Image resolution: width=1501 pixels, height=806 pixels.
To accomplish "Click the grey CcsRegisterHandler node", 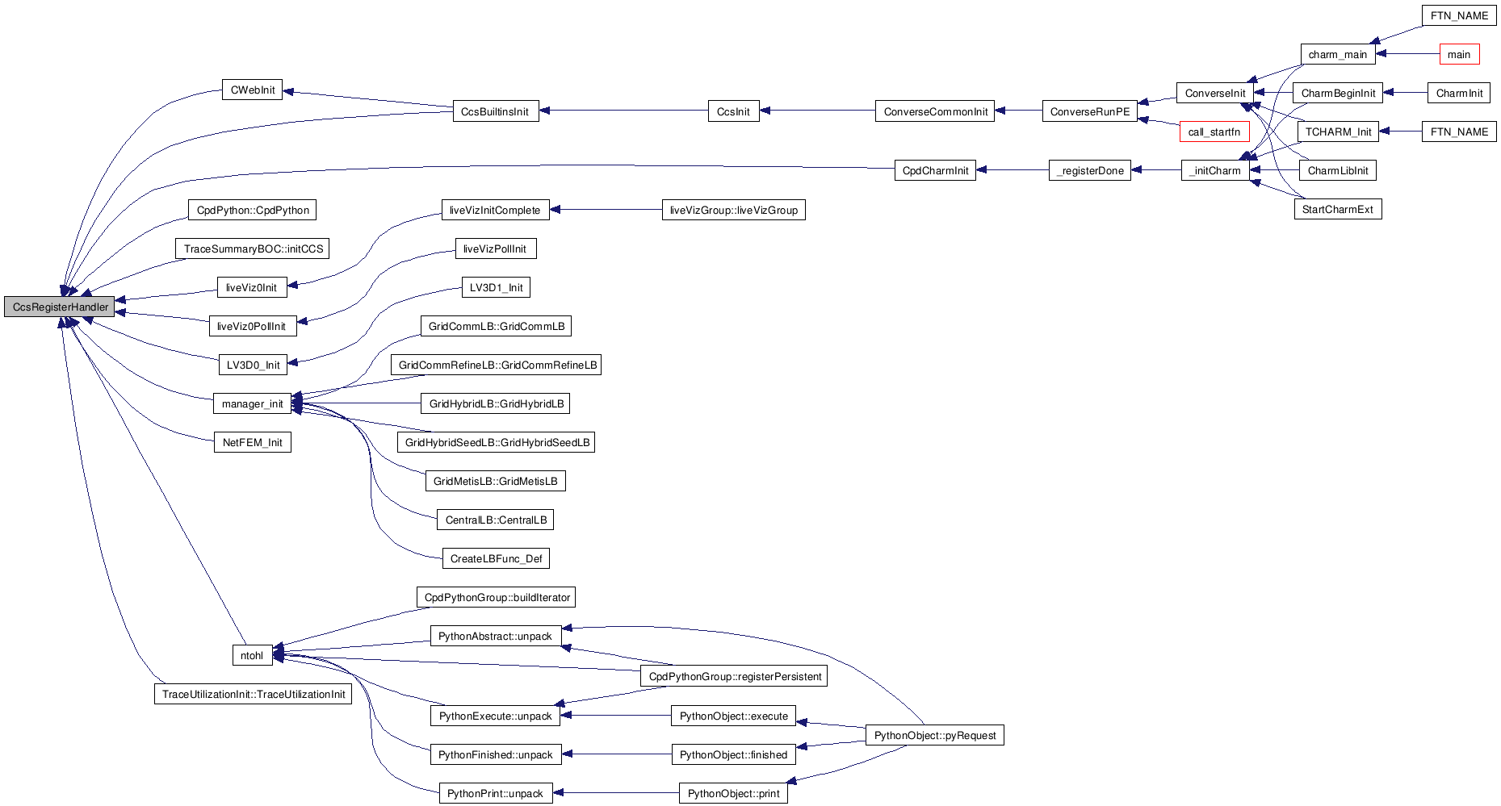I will pos(60,307).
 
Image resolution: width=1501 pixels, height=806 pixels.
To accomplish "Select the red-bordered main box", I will pos(1459,55).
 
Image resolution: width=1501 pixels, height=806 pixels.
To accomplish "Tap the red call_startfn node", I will pos(1214,132).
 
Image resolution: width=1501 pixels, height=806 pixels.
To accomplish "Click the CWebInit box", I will pos(252,90).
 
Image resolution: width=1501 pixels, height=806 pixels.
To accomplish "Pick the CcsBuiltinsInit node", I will pos(495,112).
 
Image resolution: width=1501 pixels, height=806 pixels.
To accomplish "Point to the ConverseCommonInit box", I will pos(935,112).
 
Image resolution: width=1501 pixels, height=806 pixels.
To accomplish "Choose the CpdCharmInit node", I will pos(935,171).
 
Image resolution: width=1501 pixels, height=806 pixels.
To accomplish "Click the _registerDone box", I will pos(1089,171).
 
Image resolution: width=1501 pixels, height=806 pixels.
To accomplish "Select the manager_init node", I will pos(252,404).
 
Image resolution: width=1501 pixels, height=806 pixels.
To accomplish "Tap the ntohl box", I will pos(251,656).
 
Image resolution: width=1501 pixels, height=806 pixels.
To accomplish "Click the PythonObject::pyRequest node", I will pos(934,736).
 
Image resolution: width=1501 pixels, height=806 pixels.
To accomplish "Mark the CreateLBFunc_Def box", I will pos(496,559).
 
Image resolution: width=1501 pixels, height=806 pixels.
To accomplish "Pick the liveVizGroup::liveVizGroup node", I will pos(733,211).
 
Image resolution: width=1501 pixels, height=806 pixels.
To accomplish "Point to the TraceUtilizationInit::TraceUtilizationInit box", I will pos(253,695).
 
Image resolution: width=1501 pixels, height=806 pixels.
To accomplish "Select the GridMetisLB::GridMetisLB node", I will pos(495,482).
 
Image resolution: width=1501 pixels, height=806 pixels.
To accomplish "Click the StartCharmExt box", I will pos(1337,210).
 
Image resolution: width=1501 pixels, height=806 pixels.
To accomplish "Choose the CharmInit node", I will pos(1459,94).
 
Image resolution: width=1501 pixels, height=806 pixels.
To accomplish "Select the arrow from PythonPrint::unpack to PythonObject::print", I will pos(616,792).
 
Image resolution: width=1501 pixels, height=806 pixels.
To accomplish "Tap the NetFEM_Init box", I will pos(252,443).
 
